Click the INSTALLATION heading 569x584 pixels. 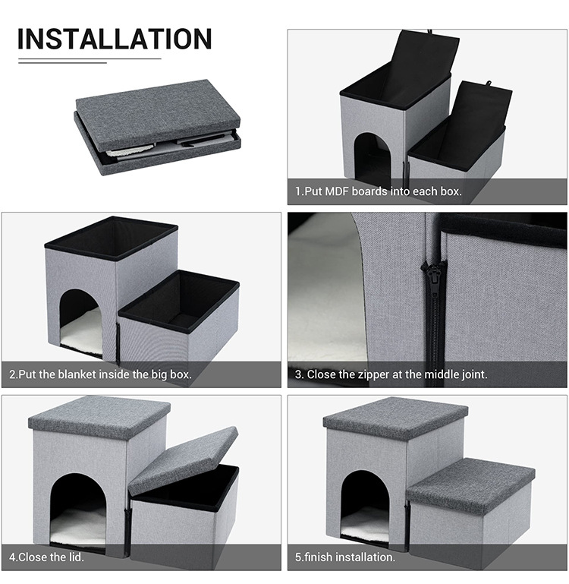click(x=115, y=39)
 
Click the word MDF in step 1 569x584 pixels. click(x=337, y=191)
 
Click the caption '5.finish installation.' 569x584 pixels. click(x=345, y=557)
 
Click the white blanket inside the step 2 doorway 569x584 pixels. click(x=81, y=330)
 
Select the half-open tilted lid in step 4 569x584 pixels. click(x=184, y=460)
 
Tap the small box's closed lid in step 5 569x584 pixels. click(x=471, y=485)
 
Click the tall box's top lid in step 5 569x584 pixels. click(x=395, y=416)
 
